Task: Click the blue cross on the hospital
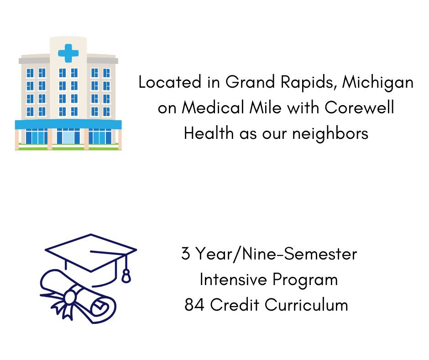(68, 53)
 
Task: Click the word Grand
(250, 82)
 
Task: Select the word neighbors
(330, 134)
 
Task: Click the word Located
(170, 82)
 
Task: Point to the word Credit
(235, 304)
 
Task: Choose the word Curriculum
(306, 304)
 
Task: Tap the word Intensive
(233, 280)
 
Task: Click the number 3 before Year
(185, 254)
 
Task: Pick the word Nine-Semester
(299, 254)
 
